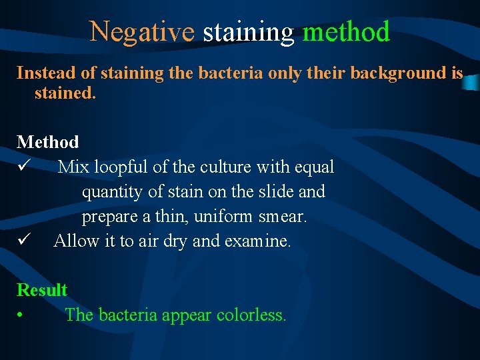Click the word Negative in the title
click(142, 31)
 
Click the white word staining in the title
click(248, 31)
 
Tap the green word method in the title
click(346, 31)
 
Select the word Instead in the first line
click(42, 73)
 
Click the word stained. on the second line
click(65, 93)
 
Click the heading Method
click(47, 142)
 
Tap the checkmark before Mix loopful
click(23, 167)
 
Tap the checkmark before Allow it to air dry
click(23, 241)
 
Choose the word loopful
click(123, 167)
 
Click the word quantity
click(108, 192)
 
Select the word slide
click(275, 192)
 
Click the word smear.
click(283, 217)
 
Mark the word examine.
click(259, 241)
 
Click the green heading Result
click(42, 290)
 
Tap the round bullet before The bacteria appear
click(22, 315)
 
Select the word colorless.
click(251, 315)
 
